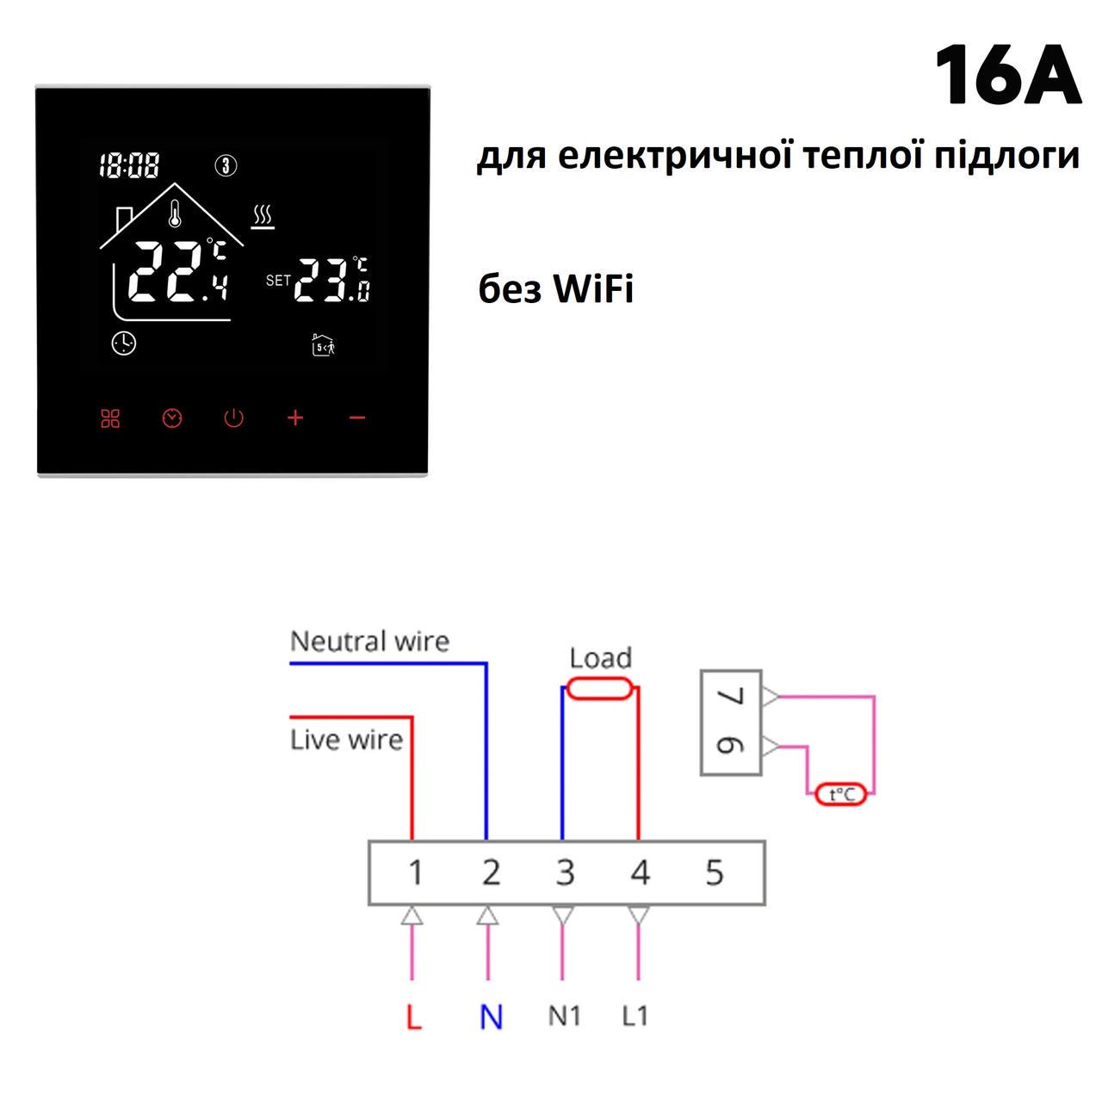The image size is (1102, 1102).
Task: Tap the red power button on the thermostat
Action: click(233, 418)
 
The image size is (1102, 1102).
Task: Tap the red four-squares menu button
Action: click(110, 418)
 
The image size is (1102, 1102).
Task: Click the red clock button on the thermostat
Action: click(172, 418)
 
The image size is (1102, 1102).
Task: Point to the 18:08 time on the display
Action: click(129, 165)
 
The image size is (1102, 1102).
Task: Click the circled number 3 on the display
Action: click(226, 165)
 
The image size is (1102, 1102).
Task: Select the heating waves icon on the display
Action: click(263, 217)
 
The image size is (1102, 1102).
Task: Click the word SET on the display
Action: click(278, 280)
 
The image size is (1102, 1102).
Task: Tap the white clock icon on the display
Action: click(123, 344)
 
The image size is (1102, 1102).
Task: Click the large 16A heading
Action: click(1007, 75)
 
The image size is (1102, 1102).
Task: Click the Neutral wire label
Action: click(369, 641)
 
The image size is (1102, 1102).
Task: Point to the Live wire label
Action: click(347, 740)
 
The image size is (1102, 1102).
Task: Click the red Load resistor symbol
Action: click(600, 688)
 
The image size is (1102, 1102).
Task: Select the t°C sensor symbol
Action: click(840, 795)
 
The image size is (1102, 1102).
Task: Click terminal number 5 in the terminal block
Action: click(715, 873)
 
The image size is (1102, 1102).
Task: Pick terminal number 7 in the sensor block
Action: click(732, 696)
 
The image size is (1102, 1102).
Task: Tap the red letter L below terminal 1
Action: click(413, 1018)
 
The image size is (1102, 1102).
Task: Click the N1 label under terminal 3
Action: click(565, 1016)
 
